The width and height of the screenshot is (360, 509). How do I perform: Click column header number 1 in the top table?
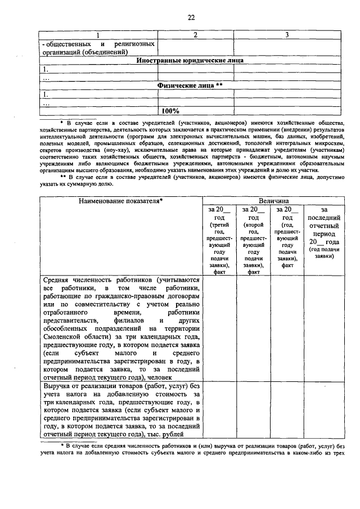click(93, 35)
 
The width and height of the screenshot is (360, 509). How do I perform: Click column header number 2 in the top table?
click(195, 35)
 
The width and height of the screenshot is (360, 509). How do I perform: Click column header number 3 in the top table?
click(287, 35)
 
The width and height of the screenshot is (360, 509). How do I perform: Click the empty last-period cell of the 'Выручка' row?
click(322, 411)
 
